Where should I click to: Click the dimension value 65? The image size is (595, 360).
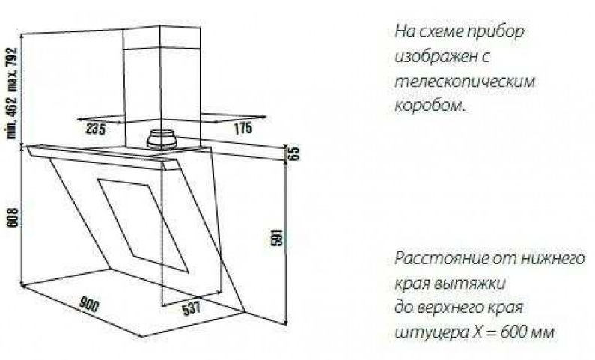294,155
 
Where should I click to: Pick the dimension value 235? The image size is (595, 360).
94,129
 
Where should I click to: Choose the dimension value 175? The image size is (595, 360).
243,129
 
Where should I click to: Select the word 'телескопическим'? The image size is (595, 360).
465,82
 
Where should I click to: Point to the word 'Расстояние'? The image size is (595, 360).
432,259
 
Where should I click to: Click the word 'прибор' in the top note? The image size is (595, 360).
499,34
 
